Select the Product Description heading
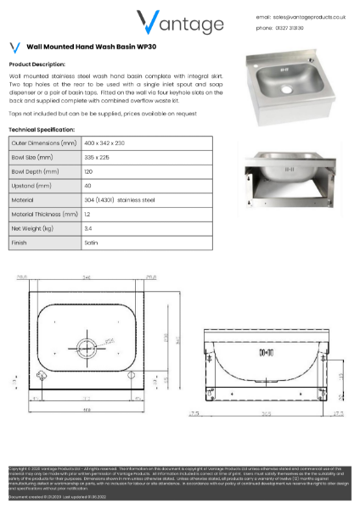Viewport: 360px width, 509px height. click(x=37, y=64)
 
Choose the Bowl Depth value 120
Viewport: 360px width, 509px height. click(x=88, y=171)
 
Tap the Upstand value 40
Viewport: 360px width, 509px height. click(x=87, y=186)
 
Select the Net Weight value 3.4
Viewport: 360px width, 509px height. click(x=87, y=229)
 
